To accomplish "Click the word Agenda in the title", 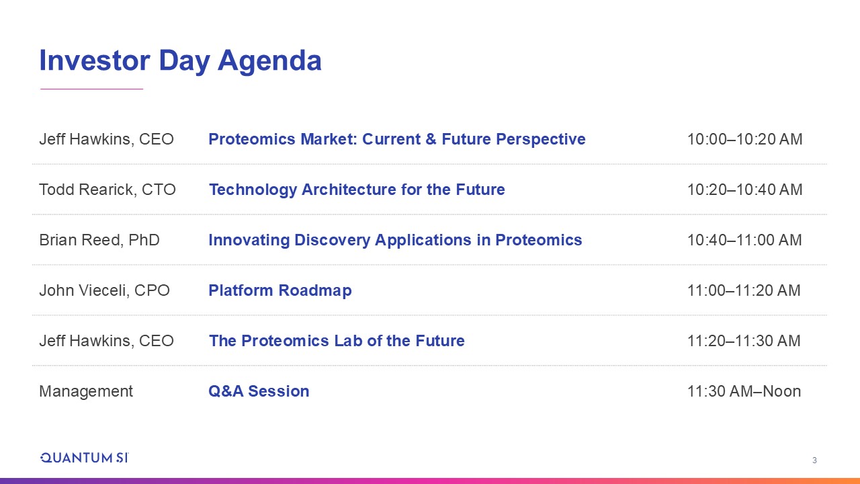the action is coord(269,61).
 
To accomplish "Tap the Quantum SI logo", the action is coord(85,458).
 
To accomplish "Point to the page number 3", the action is coord(814,460).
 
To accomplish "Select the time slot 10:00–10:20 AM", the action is coord(744,139).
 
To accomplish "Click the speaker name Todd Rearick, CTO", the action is coord(107,190).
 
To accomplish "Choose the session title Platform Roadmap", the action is coord(280,290).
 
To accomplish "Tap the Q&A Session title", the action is coord(259,391).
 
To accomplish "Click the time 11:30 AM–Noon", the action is coord(744,391).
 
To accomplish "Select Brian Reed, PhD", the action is coord(99,240).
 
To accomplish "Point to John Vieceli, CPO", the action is coord(104,290).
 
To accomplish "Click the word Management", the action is coord(86,391).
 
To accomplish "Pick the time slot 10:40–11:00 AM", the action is coord(744,240).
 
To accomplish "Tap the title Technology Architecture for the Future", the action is coord(357,190).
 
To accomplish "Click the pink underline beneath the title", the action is coord(92,89).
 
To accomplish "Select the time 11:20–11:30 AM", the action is coord(744,341).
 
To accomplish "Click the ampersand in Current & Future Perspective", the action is coord(431,139).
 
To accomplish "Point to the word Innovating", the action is coord(249,240).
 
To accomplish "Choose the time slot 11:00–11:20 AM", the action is coord(744,290).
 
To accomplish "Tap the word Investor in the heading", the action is coord(95,61).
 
